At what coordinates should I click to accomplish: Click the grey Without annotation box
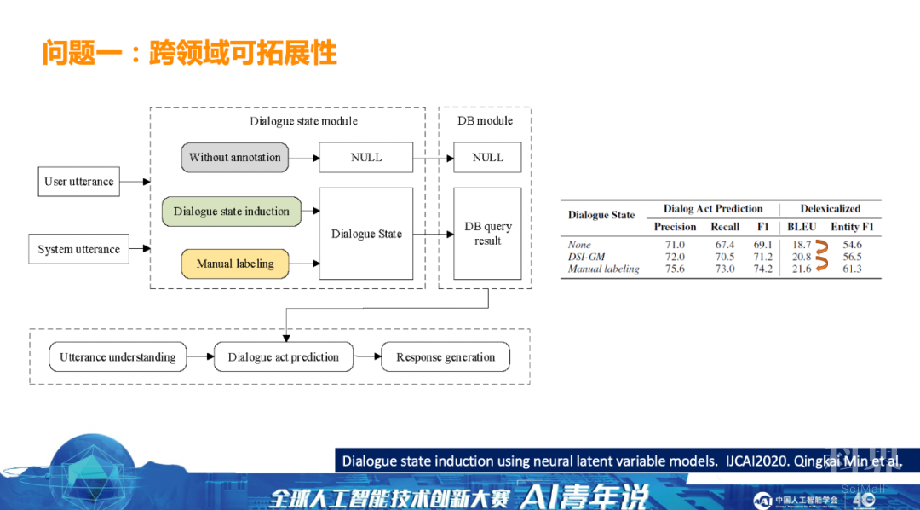[x=235, y=158]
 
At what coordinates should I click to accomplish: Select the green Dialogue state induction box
[x=232, y=212]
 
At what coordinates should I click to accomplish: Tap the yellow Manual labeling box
[x=235, y=264]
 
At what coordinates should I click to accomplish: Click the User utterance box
[x=79, y=182]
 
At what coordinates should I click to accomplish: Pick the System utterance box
[x=79, y=250]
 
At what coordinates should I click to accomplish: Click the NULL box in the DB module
[x=487, y=158]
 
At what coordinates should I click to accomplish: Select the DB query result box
[x=487, y=234]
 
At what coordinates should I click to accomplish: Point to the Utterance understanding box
[x=118, y=357]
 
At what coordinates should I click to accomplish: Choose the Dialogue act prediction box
[x=284, y=357]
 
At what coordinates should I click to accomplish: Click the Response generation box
[x=446, y=357]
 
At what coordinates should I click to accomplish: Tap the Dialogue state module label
[x=304, y=121]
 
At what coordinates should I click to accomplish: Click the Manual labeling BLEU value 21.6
[x=802, y=269]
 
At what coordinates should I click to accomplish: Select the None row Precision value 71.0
[x=675, y=245]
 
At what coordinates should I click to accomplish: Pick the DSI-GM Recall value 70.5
[x=725, y=257]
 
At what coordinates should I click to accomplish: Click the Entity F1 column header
[x=852, y=227]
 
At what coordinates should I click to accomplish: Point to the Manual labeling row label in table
[x=603, y=269]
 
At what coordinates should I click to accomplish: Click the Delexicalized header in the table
[x=831, y=209]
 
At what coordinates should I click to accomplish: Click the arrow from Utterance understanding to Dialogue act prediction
[x=200, y=357]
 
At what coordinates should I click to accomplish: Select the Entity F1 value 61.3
[x=852, y=269]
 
